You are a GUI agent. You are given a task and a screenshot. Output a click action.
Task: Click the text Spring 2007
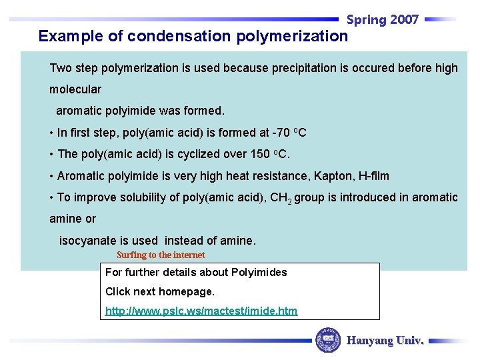coord(383,20)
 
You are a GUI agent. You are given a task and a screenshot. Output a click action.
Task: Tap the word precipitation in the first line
coord(303,68)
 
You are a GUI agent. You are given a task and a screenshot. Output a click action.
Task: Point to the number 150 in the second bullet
coord(259,154)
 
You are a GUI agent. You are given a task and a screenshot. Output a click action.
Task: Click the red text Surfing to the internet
coord(161,255)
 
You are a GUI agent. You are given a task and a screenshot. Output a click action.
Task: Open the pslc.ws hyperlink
coord(201,311)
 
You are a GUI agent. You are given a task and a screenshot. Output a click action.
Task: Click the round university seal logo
coord(327,340)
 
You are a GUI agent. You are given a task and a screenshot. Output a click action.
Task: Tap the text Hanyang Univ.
coord(385,340)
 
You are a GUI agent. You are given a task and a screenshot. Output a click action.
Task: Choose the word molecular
coord(75,89)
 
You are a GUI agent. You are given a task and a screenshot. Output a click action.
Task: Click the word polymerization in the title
coord(291,36)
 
